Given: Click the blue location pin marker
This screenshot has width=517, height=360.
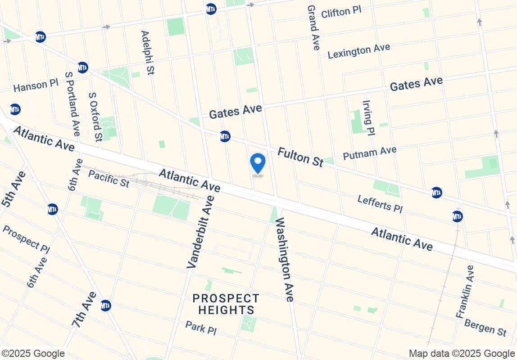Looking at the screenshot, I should [x=258, y=164].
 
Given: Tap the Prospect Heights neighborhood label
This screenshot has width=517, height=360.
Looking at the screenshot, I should [x=226, y=304].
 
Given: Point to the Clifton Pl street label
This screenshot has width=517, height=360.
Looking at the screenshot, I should [x=341, y=12].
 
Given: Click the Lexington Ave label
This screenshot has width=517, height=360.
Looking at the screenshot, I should [x=359, y=51].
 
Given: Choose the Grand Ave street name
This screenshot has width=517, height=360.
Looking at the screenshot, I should [x=313, y=27].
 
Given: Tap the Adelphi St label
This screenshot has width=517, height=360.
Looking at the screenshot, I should [x=148, y=52].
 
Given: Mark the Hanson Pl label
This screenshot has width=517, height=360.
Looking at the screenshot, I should [x=36, y=85].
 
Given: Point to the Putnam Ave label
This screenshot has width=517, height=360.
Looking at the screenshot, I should [x=369, y=153].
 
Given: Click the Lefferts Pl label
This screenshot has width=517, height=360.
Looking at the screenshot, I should [x=380, y=204].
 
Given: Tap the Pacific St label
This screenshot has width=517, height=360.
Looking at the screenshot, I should [x=109, y=178].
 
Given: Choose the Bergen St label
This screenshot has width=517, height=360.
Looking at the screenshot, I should [x=485, y=327].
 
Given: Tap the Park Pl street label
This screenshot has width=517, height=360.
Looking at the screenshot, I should [x=201, y=328].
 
